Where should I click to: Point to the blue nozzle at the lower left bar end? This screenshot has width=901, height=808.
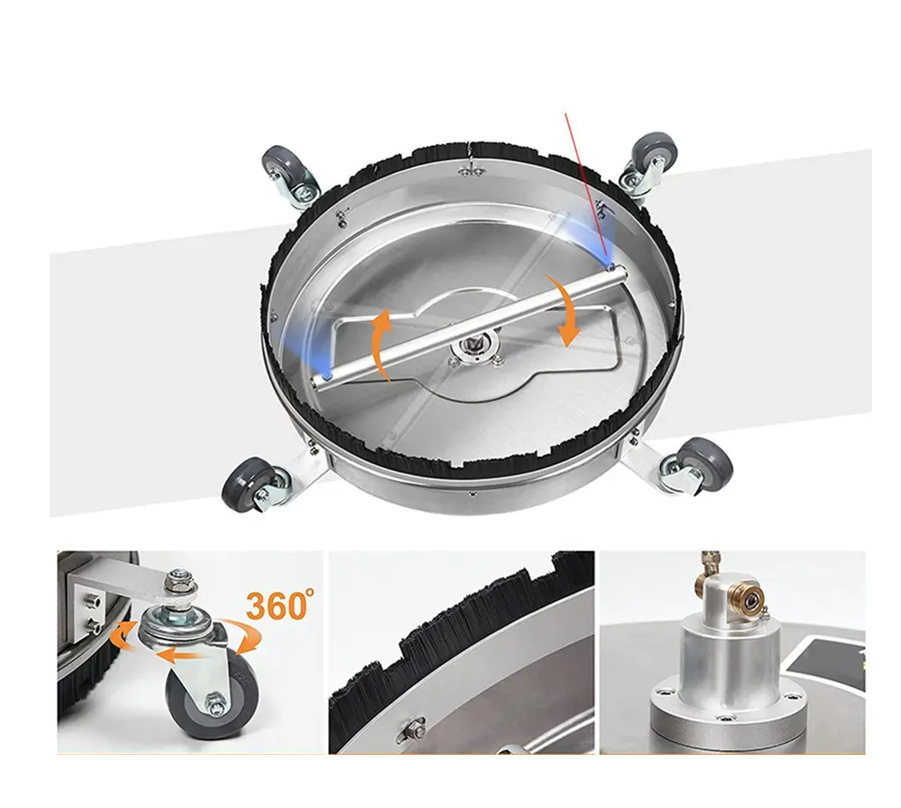(x=327, y=376)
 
